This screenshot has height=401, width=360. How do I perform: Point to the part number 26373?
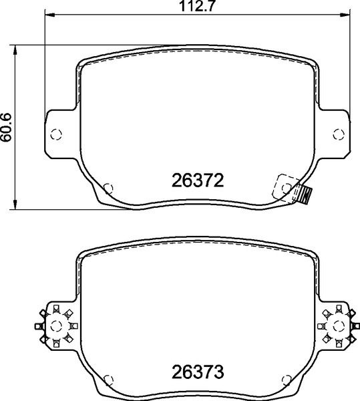(196, 370)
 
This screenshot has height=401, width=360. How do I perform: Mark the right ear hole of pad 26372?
(336, 133)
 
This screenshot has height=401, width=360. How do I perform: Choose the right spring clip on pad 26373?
(337, 325)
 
